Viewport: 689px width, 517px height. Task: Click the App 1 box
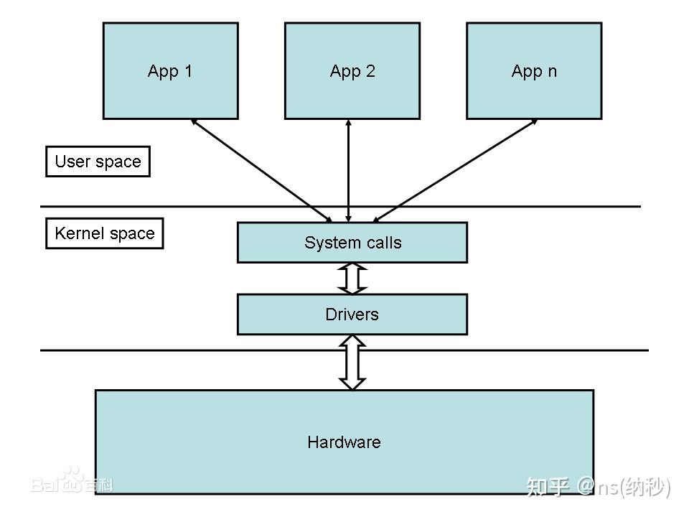(170, 70)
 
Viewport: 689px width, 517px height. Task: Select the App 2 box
(352, 70)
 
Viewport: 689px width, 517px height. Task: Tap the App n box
(533, 70)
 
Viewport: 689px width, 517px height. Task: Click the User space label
(98, 162)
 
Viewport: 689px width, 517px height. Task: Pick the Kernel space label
(105, 233)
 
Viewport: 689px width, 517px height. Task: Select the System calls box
(352, 243)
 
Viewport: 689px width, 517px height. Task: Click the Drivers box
(352, 315)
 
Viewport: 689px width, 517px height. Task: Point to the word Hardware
(344, 442)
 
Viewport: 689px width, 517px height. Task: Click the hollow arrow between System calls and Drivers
(352, 279)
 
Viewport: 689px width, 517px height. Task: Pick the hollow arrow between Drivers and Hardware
(352, 363)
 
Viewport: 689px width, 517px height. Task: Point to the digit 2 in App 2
(370, 71)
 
